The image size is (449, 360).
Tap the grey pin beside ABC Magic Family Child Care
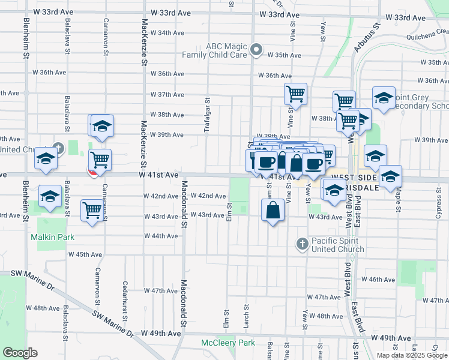[x=257, y=50]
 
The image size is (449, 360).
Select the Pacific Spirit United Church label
[x=338, y=245]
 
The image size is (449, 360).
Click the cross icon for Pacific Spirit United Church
[x=302, y=244]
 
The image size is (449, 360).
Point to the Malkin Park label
[x=53, y=237]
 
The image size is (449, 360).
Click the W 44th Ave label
[x=161, y=236]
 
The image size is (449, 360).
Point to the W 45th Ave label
[x=85, y=254]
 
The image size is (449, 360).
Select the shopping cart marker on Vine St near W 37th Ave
[x=295, y=94]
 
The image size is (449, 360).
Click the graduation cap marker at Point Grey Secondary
[x=384, y=98]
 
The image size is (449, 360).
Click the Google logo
[x=20, y=353]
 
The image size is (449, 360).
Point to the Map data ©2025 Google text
[x=411, y=355]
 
